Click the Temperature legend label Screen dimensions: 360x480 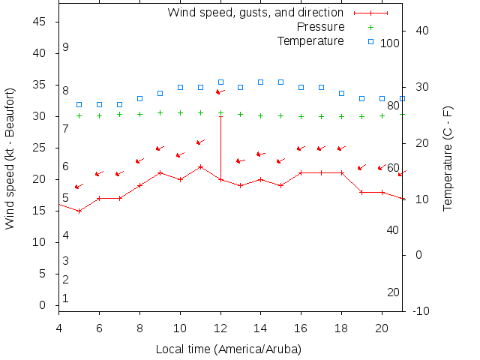(310, 40)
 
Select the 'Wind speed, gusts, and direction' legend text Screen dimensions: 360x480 (255, 12)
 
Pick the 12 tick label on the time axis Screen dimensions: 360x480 (220, 328)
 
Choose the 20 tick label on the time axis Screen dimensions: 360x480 (382, 328)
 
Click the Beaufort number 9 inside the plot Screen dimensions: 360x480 (66, 47)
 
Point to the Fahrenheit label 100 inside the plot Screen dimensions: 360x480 (390, 43)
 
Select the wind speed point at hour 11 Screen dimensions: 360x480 (200, 166)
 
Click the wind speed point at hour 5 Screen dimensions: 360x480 (79, 211)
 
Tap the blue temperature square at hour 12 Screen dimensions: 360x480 (220, 82)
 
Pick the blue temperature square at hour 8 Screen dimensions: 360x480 (139, 98)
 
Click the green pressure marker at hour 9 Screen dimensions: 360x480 (160, 112)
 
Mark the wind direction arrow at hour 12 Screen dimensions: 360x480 (220, 91)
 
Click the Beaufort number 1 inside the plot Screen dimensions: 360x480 (66, 298)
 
